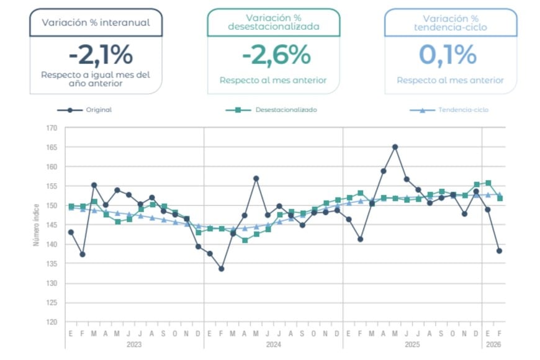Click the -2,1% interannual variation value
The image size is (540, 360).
click(x=101, y=56)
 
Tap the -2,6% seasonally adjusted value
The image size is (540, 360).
click(x=276, y=55)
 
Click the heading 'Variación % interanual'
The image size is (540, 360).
click(x=96, y=23)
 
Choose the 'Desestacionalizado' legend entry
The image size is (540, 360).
click(x=286, y=110)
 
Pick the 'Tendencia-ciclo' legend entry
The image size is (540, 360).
click(x=463, y=110)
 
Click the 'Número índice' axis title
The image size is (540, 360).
click(x=36, y=225)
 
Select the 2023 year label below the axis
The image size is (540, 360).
click(x=134, y=344)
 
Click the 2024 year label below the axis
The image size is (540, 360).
click(x=274, y=344)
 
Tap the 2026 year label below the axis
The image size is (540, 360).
click(x=493, y=344)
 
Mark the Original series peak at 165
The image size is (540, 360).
click(x=395, y=147)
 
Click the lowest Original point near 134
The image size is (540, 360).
click(x=221, y=269)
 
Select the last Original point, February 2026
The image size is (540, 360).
click(x=499, y=251)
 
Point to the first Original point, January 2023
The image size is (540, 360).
click(x=71, y=232)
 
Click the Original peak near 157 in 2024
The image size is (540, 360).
click(x=256, y=178)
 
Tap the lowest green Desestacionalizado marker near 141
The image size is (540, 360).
click(x=245, y=240)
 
